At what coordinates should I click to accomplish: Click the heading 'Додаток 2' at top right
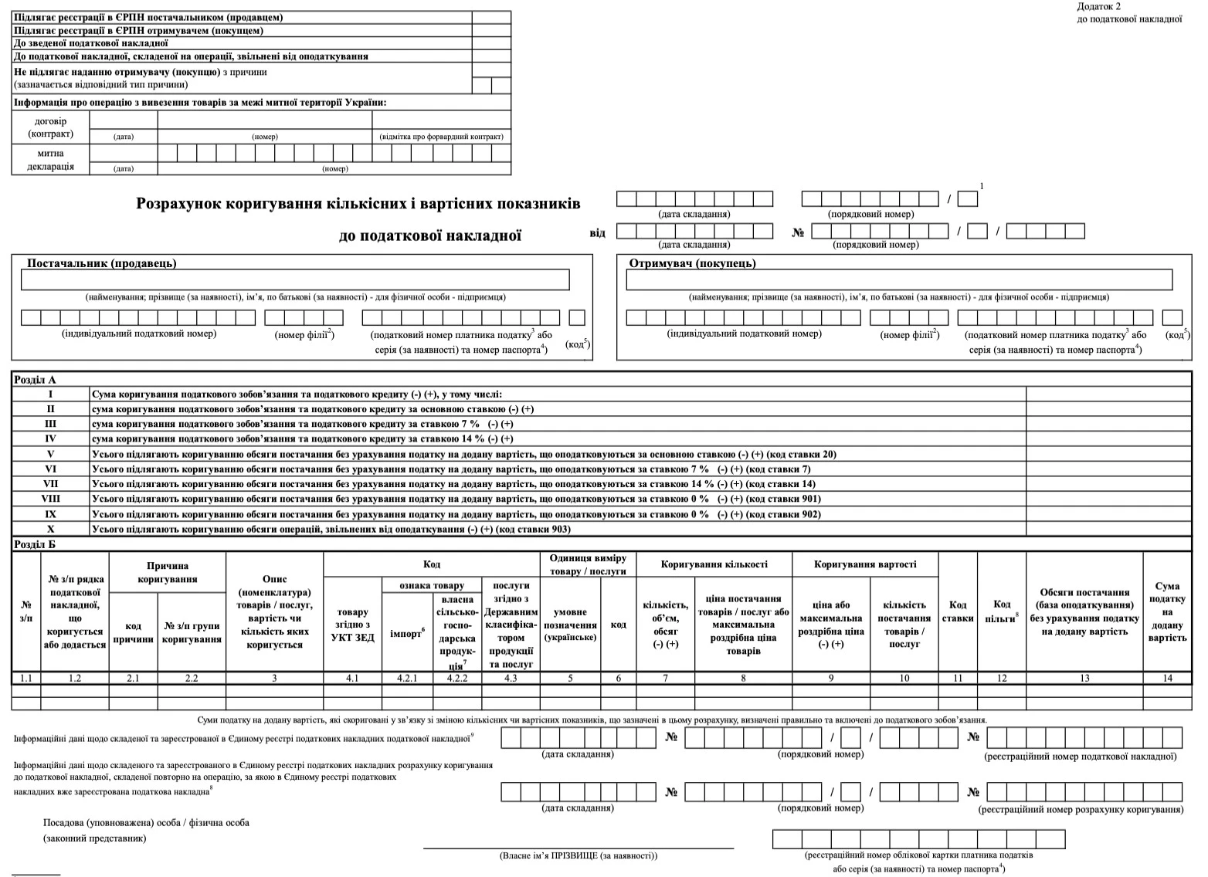click(1098, 6)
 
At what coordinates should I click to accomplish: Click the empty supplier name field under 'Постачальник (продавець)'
click(294, 279)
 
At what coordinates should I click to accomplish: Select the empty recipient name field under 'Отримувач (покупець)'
click(898, 279)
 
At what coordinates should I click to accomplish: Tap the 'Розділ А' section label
click(36, 380)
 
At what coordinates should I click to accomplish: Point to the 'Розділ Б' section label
click(36, 544)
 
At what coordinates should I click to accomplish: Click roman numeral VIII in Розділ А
click(50, 499)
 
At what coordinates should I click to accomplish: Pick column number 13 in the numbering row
click(1084, 678)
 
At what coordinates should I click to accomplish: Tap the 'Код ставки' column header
click(958, 611)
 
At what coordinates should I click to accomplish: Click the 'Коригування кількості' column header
click(714, 564)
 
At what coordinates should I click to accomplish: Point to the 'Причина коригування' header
click(168, 572)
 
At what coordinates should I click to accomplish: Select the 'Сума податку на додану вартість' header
click(1167, 611)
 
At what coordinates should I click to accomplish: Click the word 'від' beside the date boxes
click(598, 232)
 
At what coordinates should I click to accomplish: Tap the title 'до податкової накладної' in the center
click(430, 235)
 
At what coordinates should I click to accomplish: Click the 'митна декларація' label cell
click(50, 160)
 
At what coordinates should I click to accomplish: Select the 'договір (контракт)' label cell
click(50, 127)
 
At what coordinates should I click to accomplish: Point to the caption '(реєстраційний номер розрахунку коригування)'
click(1081, 809)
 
